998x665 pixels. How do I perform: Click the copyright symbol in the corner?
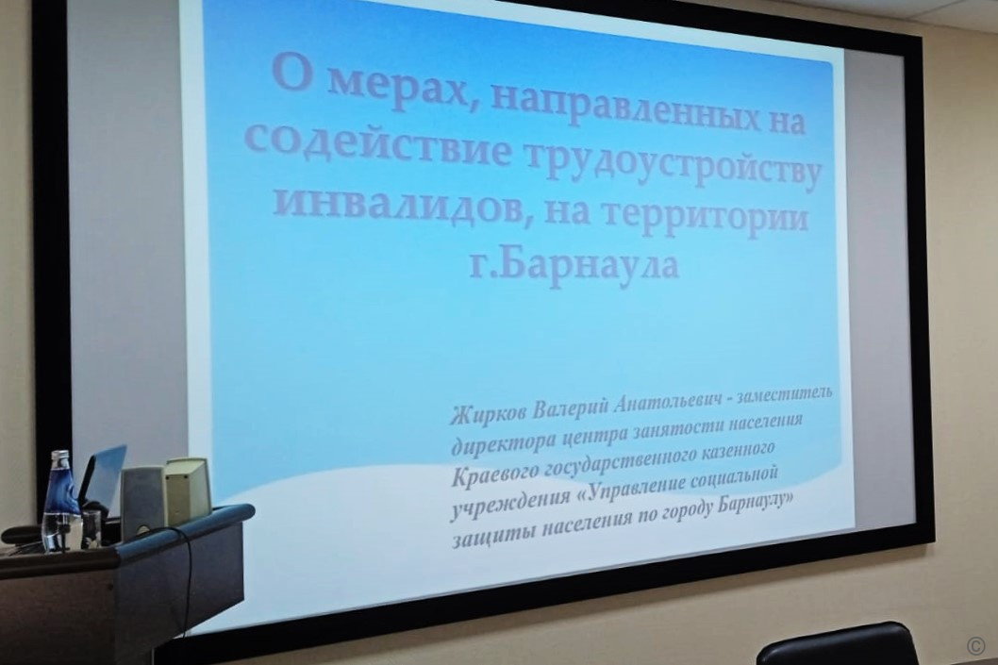click(975, 644)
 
